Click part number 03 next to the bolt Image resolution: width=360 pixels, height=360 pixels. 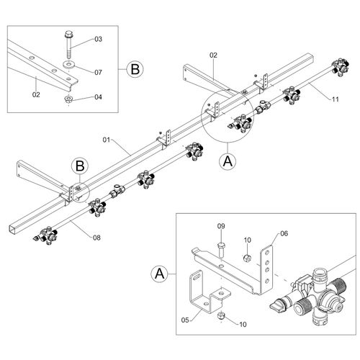[x=98, y=39]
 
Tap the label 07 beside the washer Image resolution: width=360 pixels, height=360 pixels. [x=98, y=72]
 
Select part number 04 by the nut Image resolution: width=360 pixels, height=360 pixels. [x=98, y=97]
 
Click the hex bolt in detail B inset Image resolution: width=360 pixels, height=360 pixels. [x=69, y=45]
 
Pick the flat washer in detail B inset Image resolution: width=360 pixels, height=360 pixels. [x=69, y=64]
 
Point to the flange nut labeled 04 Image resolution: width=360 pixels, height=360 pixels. [x=69, y=99]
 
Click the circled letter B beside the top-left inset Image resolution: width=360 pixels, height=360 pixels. [x=135, y=69]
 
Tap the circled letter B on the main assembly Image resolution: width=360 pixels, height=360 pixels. [x=80, y=166]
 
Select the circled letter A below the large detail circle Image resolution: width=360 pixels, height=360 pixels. [x=228, y=161]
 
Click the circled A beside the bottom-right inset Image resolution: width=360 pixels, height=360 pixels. [x=160, y=274]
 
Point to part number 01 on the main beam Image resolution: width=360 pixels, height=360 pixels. [x=107, y=140]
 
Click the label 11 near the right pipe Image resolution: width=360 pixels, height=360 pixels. [x=335, y=99]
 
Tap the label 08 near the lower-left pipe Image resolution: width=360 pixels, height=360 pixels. [x=96, y=238]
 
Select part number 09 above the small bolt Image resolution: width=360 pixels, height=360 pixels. [x=221, y=226]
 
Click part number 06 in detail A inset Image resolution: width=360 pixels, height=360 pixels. [x=284, y=233]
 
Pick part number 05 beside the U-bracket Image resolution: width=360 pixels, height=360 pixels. [x=185, y=320]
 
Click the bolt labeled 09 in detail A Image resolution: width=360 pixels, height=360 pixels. [x=221, y=250]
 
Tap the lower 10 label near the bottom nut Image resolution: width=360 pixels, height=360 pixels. [x=243, y=324]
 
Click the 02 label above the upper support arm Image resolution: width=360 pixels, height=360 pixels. [x=213, y=55]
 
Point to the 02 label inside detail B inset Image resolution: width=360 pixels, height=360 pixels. [x=36, y=95]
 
